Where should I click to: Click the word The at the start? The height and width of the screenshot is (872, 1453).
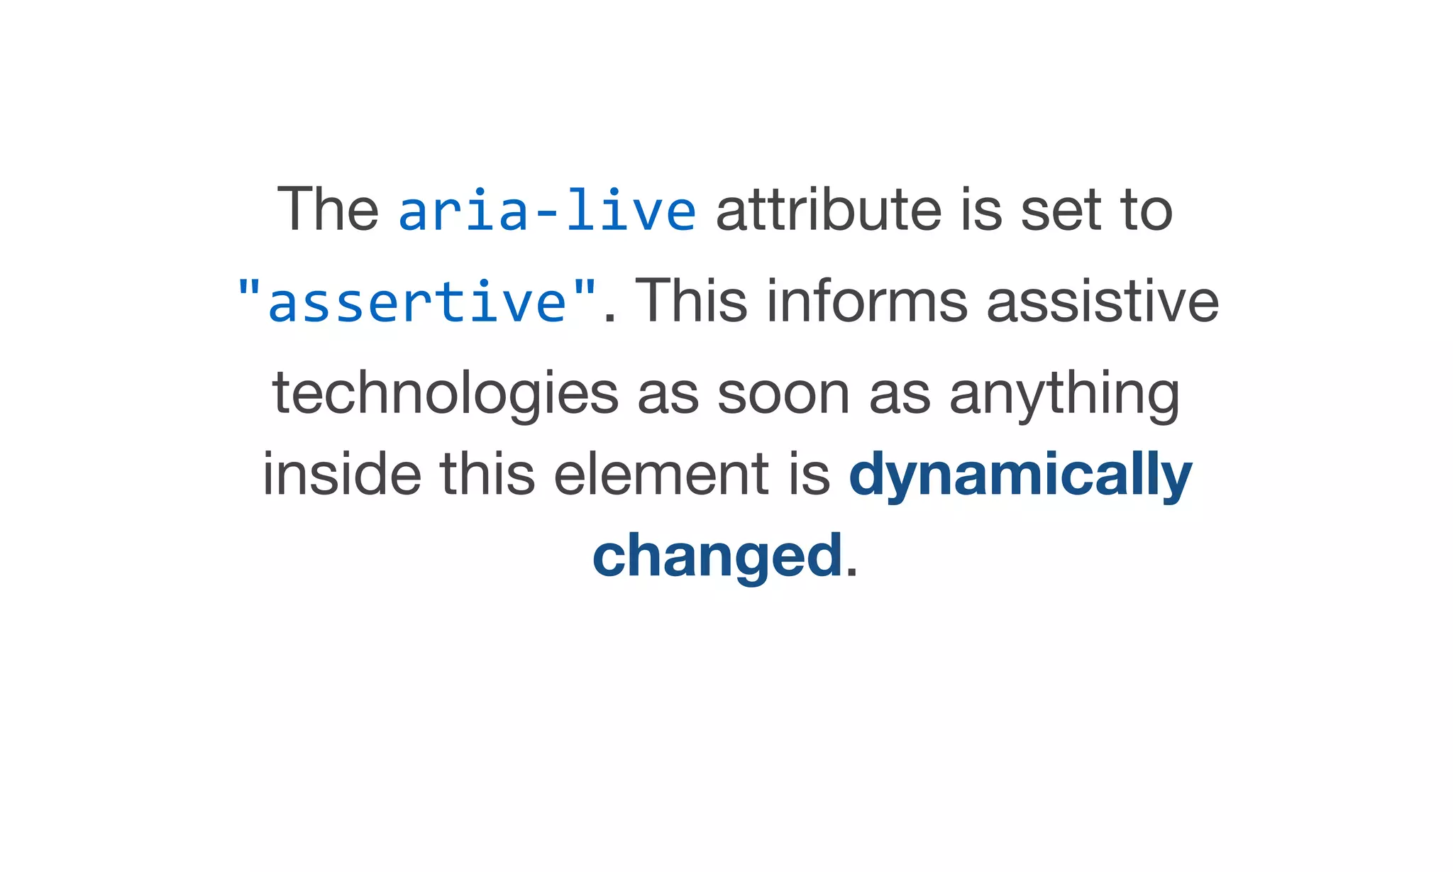click(x=328, y=210)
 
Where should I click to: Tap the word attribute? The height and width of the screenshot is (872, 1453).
click(x=829, y=210)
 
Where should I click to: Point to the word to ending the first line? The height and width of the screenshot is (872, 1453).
click(x=1146, y=210)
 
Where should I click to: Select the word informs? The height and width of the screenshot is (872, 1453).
click(x=867, y=301)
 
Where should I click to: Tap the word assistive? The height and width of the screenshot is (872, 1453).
click(x=1103, y=301)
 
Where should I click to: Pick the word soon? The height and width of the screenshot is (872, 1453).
click(x=783, y=394)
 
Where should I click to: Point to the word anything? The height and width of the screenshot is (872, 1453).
click(x=1064, y=394)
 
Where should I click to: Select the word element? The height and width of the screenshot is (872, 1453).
click(x=661, y=474)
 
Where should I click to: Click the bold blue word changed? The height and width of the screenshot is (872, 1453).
click(x=717, y=556)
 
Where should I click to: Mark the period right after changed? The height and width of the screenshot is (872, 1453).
click(x=852, y=573)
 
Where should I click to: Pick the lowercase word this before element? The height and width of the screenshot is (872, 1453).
click(x=487, y=474)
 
